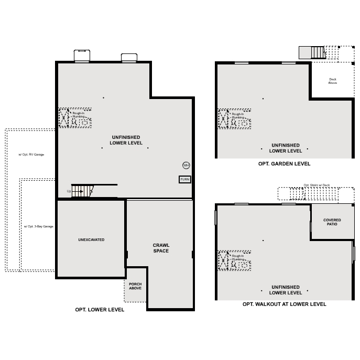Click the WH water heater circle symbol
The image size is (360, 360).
coord(186,166)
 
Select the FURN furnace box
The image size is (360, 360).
coord(184,179)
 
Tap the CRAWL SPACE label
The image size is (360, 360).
coord(161,248)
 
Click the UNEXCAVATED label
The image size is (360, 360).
coord(91,239)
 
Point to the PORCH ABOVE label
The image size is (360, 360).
coord(135,286)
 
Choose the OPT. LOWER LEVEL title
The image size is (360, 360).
coord(100,310)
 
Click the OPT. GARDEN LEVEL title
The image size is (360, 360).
coord(284,163)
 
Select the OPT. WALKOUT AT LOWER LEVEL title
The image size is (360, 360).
coord(284,304)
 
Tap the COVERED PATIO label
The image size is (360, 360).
coord(332,222)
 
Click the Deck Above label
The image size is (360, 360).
coord(332,81)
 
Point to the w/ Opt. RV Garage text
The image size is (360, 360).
coord(31,155)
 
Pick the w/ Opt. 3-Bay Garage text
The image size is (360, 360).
coord(38,226)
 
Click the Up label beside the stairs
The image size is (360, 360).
coord(69,191)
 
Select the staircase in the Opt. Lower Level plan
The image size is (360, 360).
coord(82,191)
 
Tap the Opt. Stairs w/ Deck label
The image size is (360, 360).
coord(317,185)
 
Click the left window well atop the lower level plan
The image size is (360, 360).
coord(82,56)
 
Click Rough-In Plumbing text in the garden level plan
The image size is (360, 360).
coord(237,116)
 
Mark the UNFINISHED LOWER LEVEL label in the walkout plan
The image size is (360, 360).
coord(286,290)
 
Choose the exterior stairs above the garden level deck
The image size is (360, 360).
coord(318,52)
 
